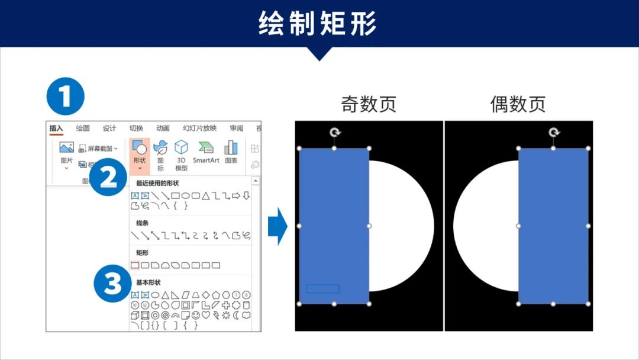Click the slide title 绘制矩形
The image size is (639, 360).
coord(318,24)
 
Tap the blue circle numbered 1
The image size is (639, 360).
coord(66,97)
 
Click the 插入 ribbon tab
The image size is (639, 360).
coord(56,128)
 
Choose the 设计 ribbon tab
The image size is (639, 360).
coord(109,128)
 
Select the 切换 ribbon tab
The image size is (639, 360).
coord(136,128)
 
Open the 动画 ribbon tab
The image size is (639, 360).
coord(163,128)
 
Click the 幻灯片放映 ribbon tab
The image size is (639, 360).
coord(199,128)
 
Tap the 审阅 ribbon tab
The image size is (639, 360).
coord(237,128)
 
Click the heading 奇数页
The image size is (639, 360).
coord(369,104)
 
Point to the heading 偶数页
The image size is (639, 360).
coord(518,104)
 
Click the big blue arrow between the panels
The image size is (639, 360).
coord(277,226)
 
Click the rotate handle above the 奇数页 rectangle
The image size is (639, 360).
coord(335,133)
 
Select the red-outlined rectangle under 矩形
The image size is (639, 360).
coord(135,265)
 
